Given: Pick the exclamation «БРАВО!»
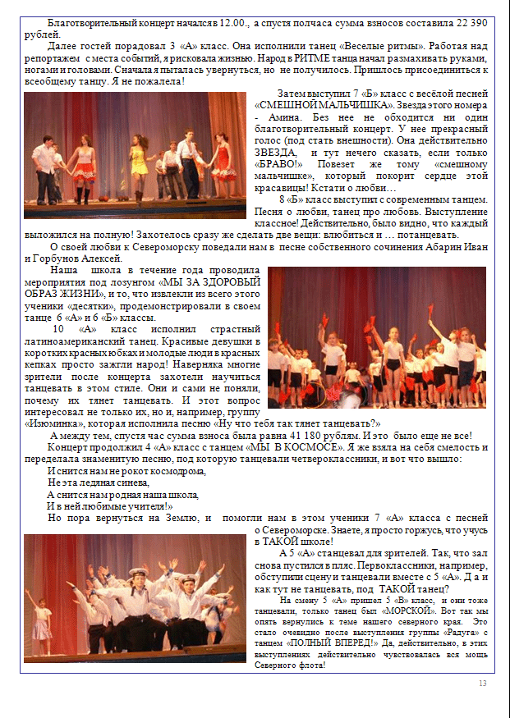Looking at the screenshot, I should tap(278, 163).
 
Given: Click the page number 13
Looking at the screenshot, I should tap(482, 684).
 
